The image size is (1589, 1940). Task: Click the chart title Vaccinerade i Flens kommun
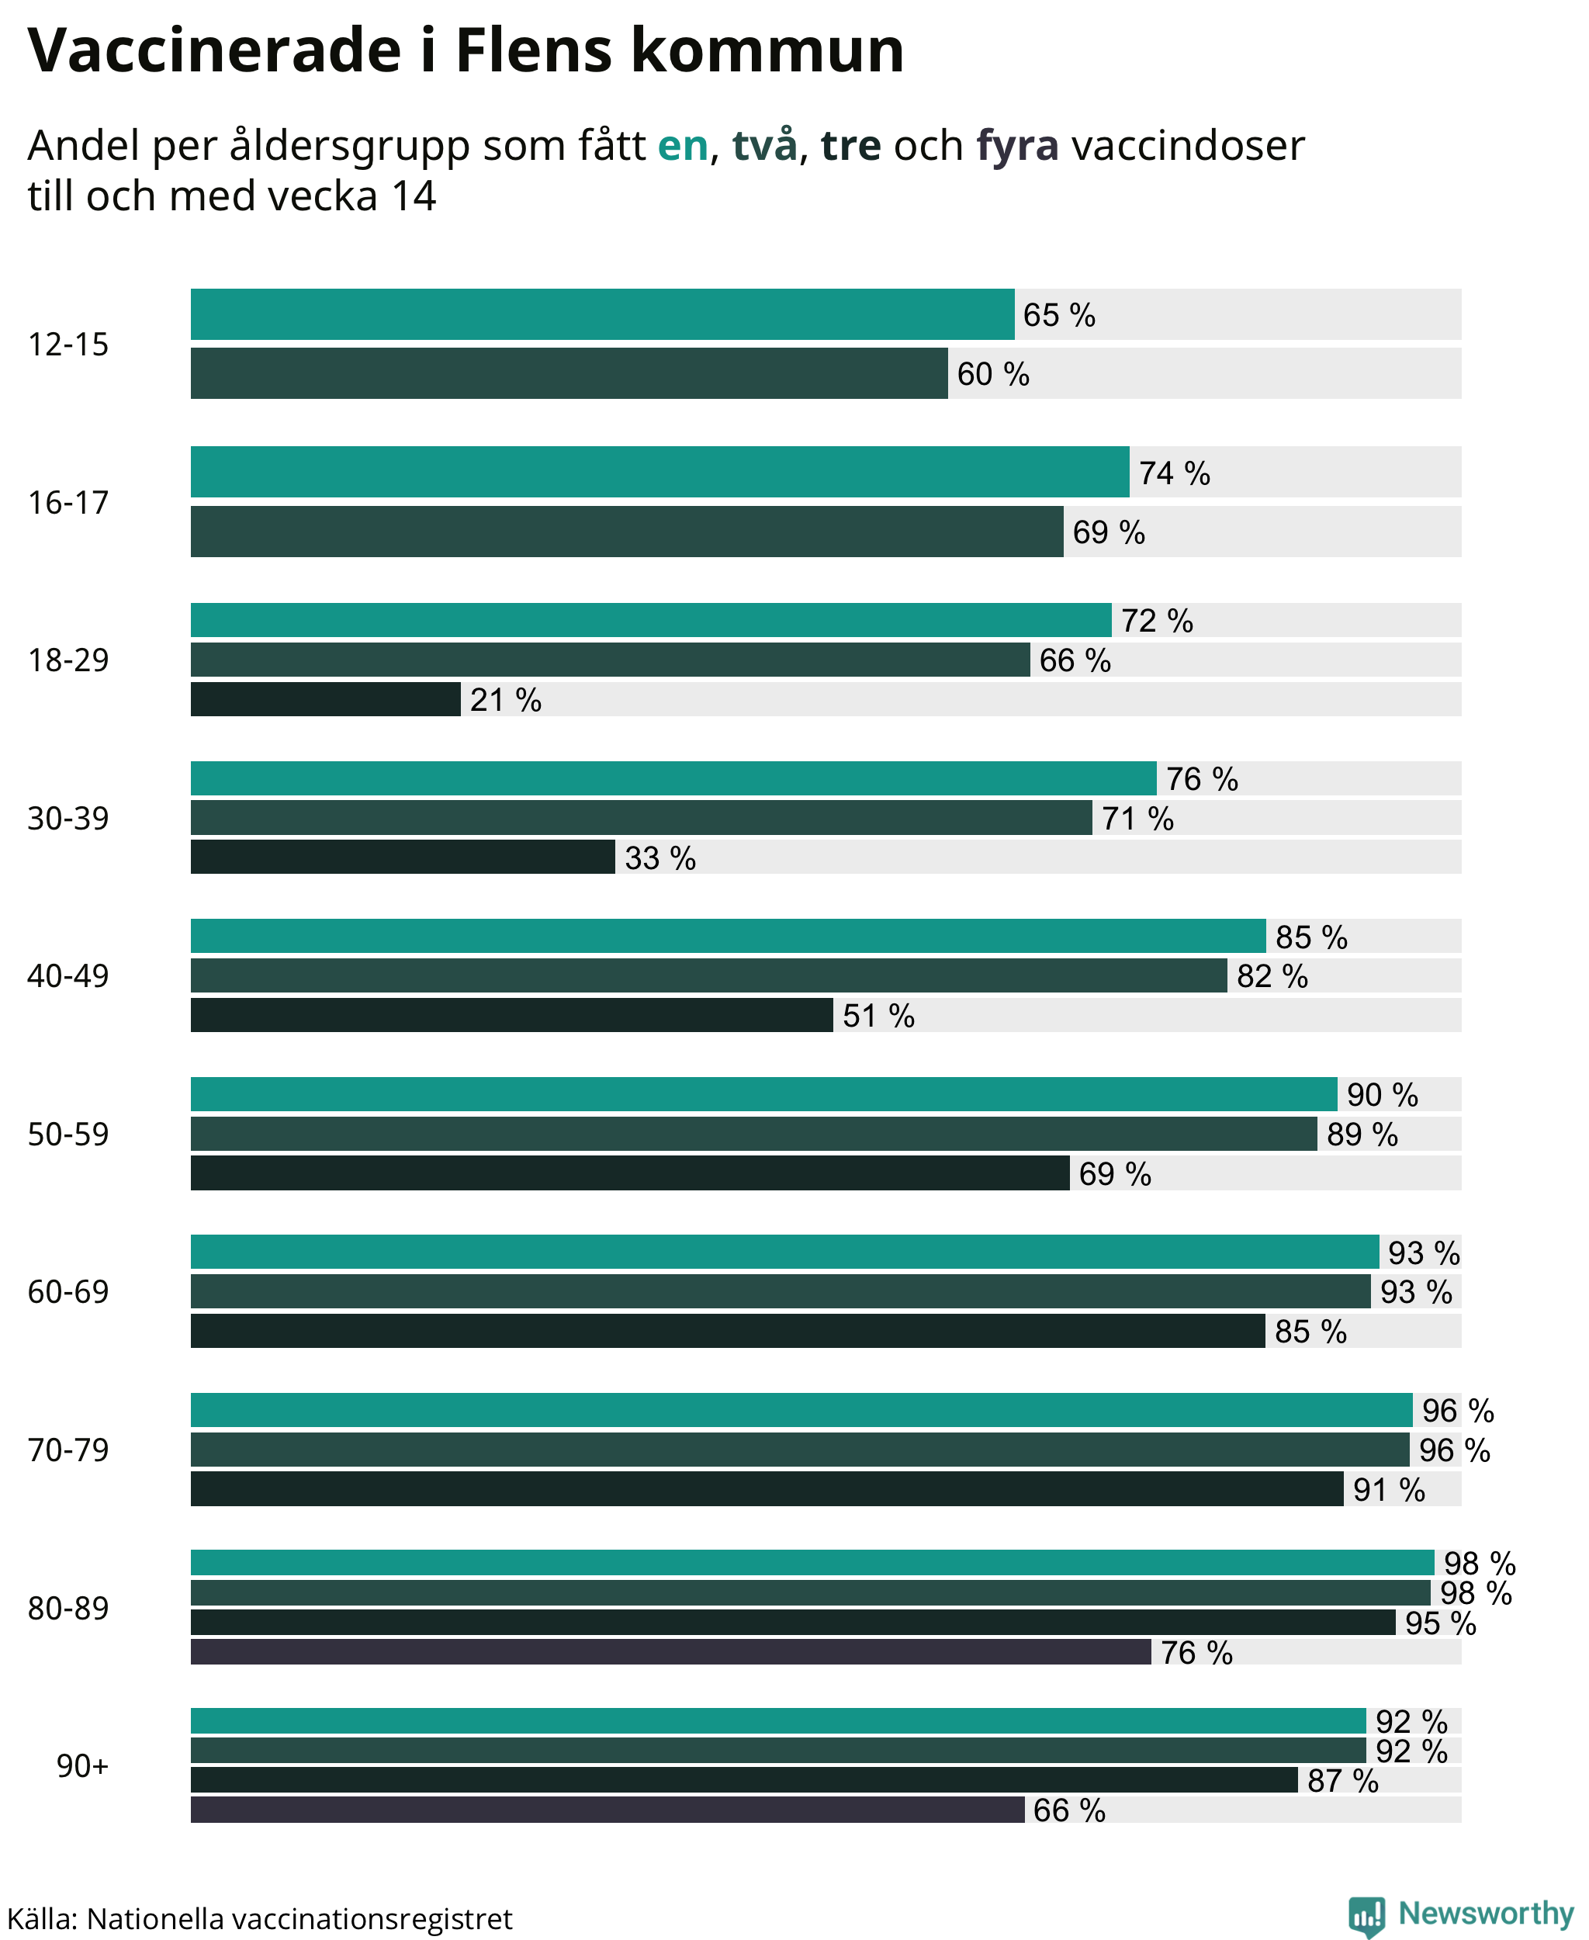(466, 50)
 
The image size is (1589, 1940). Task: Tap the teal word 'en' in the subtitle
(683, 147)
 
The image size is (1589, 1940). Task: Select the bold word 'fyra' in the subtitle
(1017, 147)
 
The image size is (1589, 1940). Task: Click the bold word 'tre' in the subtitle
(850, 147)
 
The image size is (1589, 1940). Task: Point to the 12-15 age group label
(68, 345)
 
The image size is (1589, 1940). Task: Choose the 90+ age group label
(82, 1766)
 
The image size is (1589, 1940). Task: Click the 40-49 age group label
(68, 976)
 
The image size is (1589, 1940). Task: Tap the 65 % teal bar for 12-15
(602, 314)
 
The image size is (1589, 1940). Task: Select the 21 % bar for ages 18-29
(325, 699)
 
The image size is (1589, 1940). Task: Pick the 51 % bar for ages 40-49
(511, 1015)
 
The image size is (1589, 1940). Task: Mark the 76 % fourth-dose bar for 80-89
(671, 1651)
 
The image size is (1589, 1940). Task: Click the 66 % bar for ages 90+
(608, 1809)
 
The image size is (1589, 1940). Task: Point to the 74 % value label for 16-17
(1175, 473)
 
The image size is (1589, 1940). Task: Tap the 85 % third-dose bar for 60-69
(728, 1330)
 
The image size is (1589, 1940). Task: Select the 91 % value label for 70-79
(1389, 1490)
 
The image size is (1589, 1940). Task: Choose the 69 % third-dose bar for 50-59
(630, 1173)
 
